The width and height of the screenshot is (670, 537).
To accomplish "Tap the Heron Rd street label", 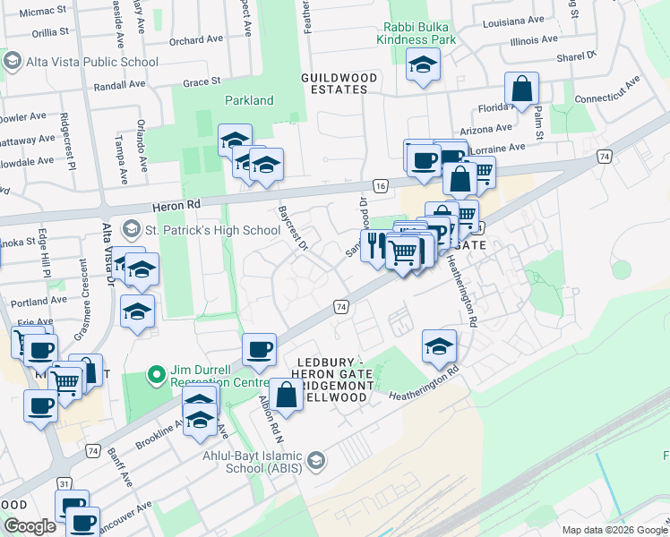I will (178, 204).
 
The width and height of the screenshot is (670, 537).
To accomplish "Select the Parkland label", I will (249, 101).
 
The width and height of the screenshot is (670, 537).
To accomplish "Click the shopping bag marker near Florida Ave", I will (521, 89).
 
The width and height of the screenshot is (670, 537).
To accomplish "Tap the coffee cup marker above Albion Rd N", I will (259, 348).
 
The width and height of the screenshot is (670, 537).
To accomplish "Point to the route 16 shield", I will (381, 185).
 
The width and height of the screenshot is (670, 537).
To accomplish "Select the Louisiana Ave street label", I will (513, 19).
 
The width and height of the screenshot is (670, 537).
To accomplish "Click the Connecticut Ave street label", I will (607, 91).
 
